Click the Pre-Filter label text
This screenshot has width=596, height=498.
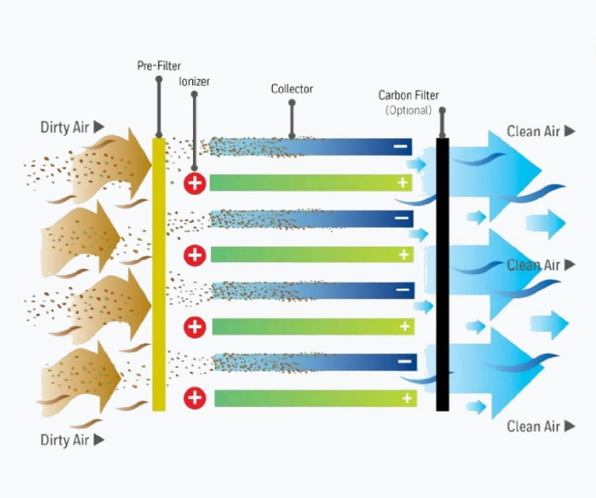point(158,66)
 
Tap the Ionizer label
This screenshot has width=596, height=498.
point(194,81)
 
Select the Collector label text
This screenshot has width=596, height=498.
point(291,89)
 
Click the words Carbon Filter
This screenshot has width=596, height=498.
point(408,95)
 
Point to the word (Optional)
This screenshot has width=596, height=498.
point(408,110)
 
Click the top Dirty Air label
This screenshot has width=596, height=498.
point(64,128)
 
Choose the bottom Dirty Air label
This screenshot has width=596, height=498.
point(64,440)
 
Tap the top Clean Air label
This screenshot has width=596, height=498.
point(533,132)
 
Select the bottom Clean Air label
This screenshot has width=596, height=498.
point(533,426)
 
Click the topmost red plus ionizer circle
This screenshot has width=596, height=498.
point(194,183)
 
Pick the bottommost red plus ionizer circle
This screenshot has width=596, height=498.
point(194,398)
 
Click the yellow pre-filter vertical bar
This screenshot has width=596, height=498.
point(158,273)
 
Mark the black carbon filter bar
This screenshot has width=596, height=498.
point(442,273)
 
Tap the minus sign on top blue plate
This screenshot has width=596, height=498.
point(401,147)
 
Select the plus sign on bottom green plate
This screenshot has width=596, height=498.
point(407,398)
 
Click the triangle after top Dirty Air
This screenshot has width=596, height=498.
point(98,127)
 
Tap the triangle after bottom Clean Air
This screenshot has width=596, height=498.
point(569,426)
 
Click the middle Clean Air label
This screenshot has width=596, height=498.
point(533,265)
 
